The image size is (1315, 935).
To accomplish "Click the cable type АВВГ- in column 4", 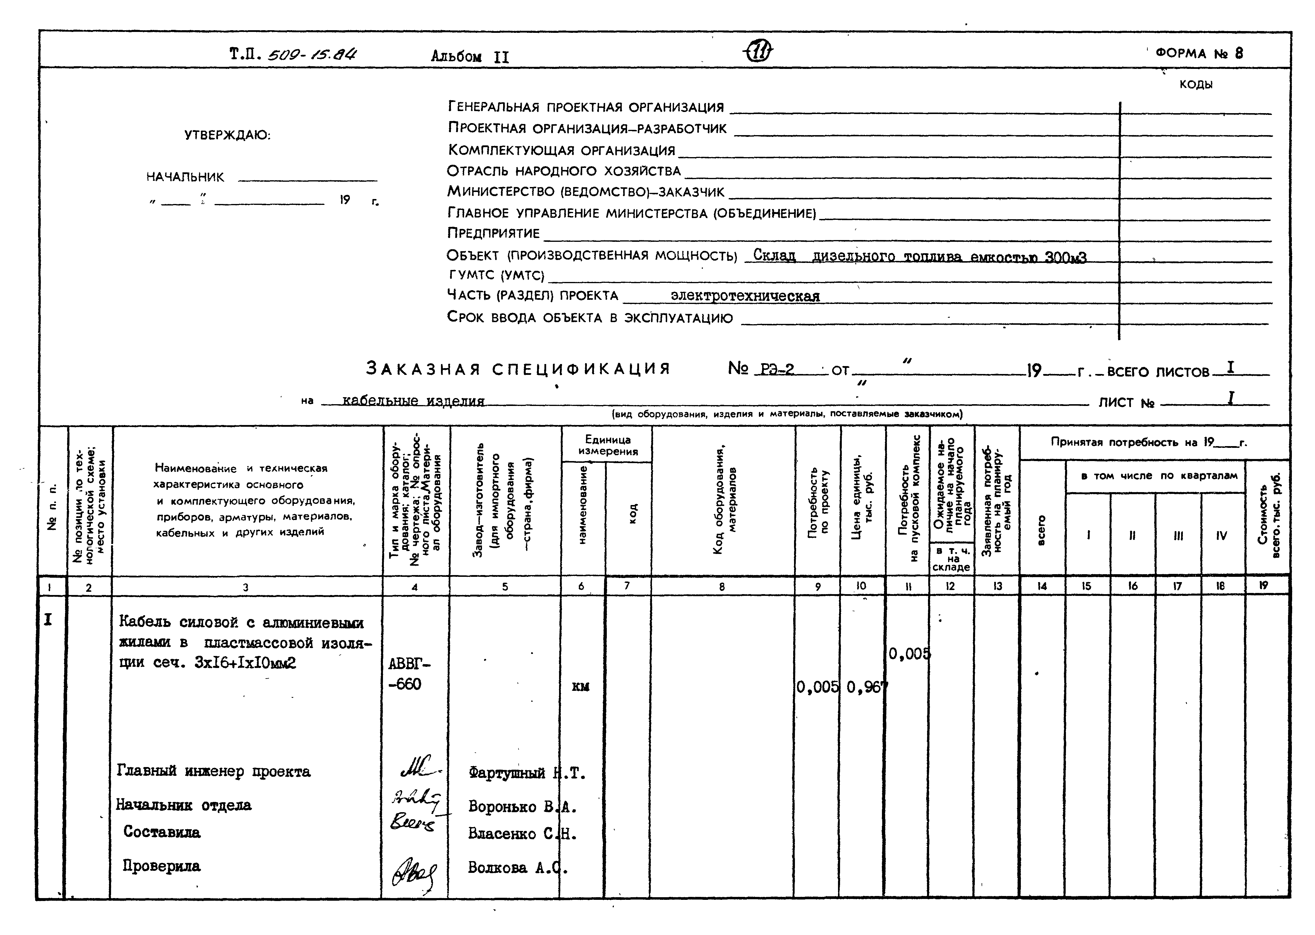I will point(409,664).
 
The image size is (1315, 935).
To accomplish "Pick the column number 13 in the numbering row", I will point(997,586).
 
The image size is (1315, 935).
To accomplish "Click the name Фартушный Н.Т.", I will point(527,773).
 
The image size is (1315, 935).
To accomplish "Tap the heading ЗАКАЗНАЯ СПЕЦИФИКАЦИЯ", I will point(518,368).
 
